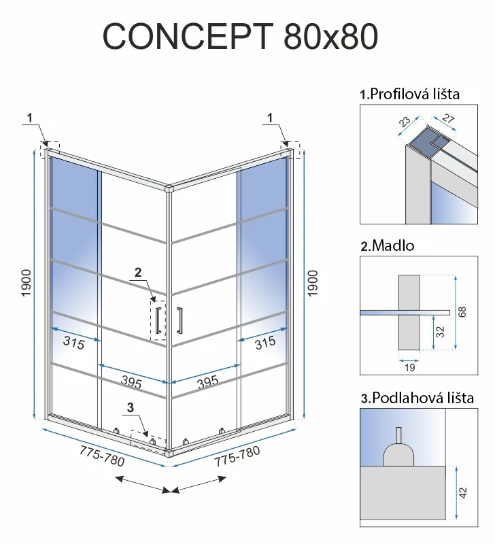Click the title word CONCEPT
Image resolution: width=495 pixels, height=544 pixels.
(x=188, y=37)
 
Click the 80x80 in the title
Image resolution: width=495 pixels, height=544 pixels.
(x=331, y=37)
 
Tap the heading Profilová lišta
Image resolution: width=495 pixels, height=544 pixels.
(x=415, y=94)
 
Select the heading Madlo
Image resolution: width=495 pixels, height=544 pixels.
(x=393, y=245)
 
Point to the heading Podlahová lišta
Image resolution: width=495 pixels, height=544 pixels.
(x=423, y=398)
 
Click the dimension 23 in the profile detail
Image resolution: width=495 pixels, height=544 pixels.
(x=404, y=122)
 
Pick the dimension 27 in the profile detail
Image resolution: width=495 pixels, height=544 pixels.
(x=448, y=118)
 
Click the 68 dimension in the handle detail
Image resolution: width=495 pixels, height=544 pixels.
(x=462, y=312)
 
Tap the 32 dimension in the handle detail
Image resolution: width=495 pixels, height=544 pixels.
(x=440, y=332)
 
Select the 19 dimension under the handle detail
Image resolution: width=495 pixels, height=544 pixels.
(x=410, y=367)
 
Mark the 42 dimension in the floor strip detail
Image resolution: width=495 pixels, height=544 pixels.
(x=463, y=492)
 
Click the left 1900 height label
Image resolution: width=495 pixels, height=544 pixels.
(x=27, y=283)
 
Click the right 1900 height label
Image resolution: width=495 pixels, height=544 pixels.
(x=313, y=283)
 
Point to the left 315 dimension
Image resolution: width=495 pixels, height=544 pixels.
(x=74, y=343)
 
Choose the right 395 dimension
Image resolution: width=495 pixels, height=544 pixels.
(x=208, y=382)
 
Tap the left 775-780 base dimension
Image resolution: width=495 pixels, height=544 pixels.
(x=102, y=456)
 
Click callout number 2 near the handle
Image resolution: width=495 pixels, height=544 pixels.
(x=138, y=273)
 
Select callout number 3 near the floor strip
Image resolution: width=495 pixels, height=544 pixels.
(x=131, y=407)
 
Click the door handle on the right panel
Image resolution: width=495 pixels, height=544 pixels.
(x=180, y=320)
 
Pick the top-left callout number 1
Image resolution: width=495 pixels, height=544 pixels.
(x=30, y=118)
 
